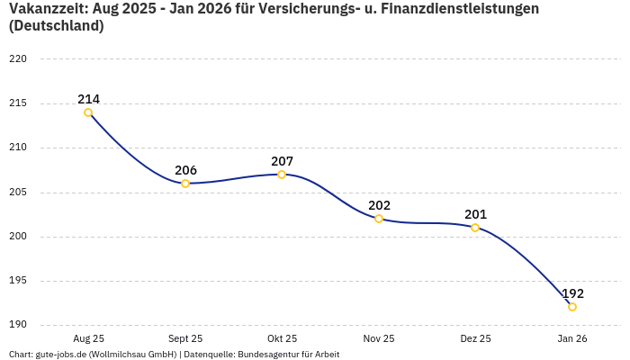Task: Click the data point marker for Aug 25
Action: [88, 112]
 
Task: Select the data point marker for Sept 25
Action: [185, 184]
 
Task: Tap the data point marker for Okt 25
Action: [282, 175]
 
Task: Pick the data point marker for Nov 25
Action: [379, 219]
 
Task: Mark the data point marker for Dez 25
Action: [475, 228]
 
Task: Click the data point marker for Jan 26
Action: [572, 307]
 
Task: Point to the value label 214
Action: [88, 99]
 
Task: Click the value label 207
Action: [282, 161]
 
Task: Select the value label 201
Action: [475, 214]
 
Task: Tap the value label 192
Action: [572, 293]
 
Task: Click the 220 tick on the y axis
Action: [18, 59]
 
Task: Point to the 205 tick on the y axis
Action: [18, 193]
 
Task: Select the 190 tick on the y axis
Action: [18, 325]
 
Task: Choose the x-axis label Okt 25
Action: [282, 338]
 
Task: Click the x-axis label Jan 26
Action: [572, 338]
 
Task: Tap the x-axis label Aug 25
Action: [88, 338]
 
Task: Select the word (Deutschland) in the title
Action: [56, 26]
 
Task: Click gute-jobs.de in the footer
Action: [60, 355]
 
